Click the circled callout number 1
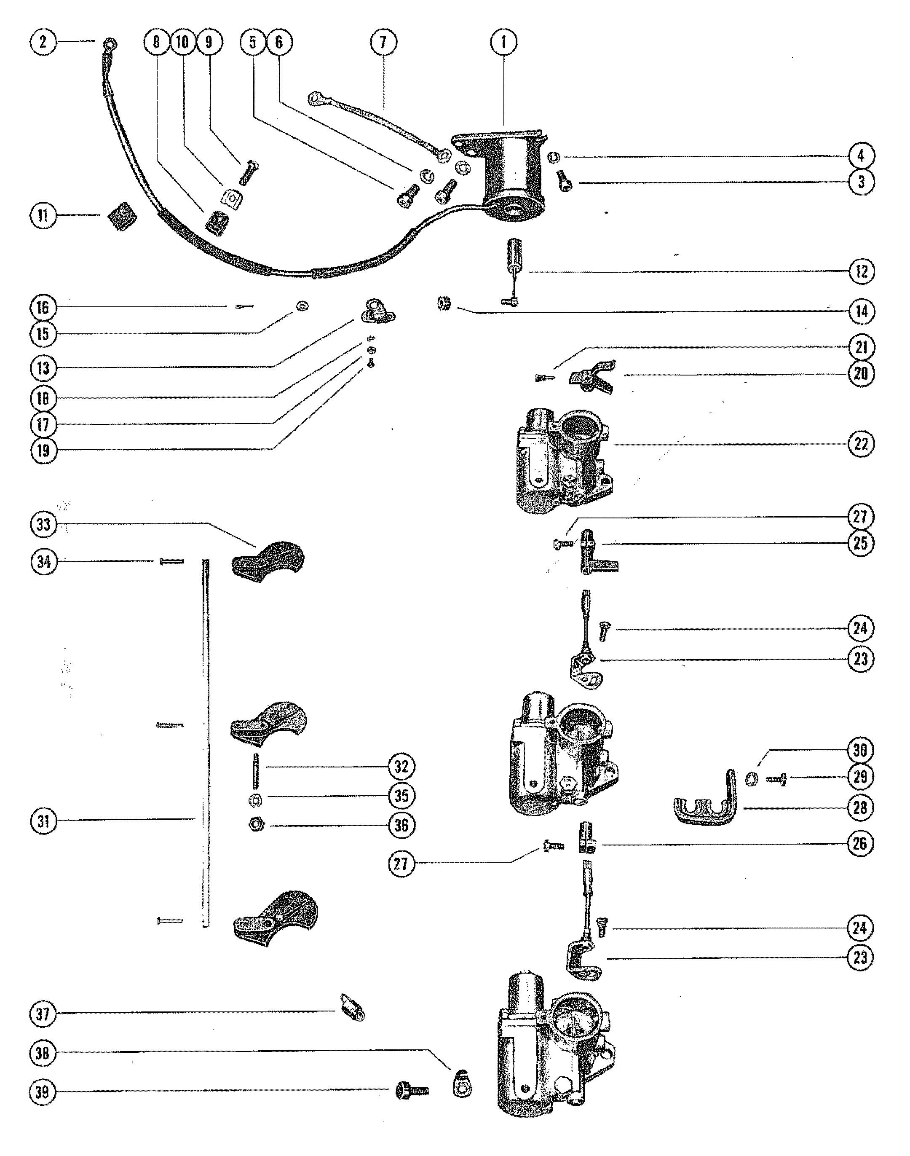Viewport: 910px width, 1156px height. click(x=503, y=42)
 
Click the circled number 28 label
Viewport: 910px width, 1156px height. click(x=860, y=808)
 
